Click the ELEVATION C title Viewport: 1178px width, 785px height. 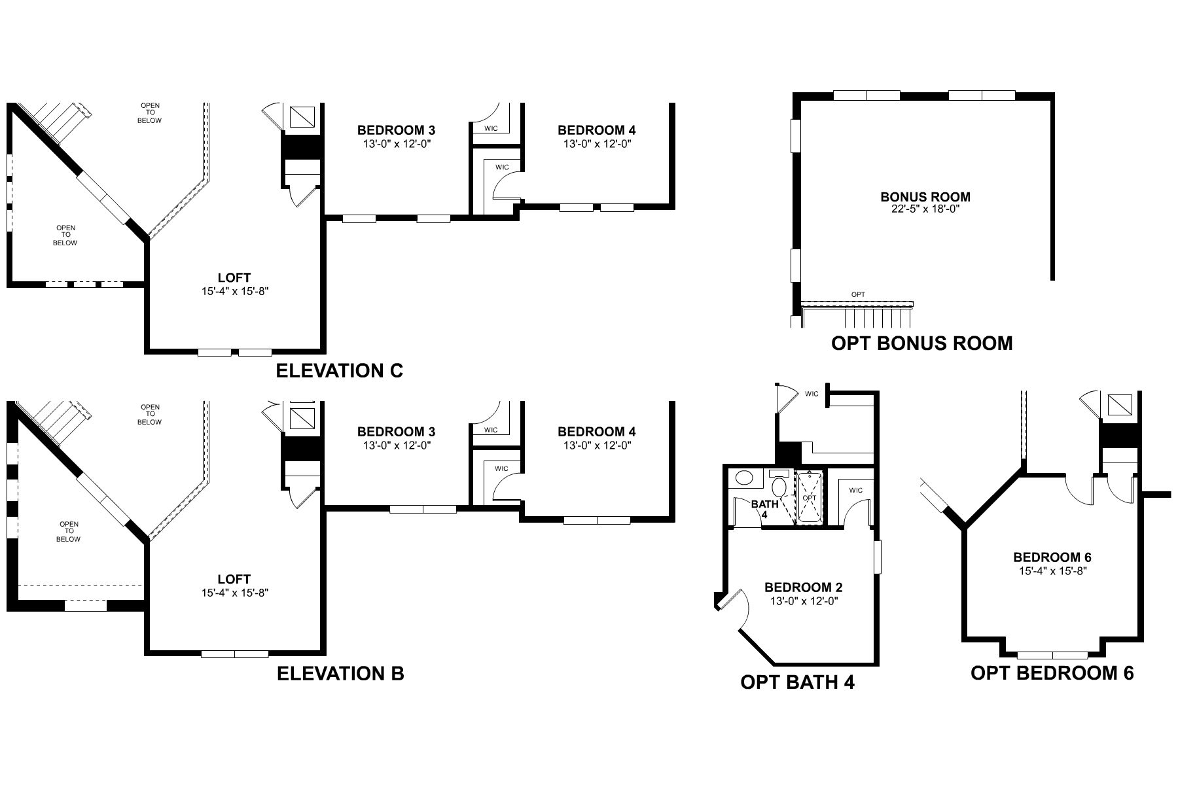[339, 371]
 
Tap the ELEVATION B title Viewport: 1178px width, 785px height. [340, 673]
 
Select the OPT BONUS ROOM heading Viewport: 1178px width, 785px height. [921, 343]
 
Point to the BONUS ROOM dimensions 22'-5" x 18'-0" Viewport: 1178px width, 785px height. [925, 209]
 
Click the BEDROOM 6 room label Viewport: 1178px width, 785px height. [1052, 557]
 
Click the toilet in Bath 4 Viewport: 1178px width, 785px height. [779, 485]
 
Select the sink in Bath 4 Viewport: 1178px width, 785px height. [745, 478]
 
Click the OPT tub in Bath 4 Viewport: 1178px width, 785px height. [810, 498]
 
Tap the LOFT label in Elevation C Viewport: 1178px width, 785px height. [234, 278]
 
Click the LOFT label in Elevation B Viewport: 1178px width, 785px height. [234, 580]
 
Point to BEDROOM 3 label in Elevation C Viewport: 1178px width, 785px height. [396, 130]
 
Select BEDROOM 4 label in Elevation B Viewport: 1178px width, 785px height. [596, 432]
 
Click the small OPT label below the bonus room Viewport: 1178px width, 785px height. [858, 294]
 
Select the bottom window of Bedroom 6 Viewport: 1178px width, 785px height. [1053, 655]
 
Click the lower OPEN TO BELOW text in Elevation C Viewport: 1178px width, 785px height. [65, 235]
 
